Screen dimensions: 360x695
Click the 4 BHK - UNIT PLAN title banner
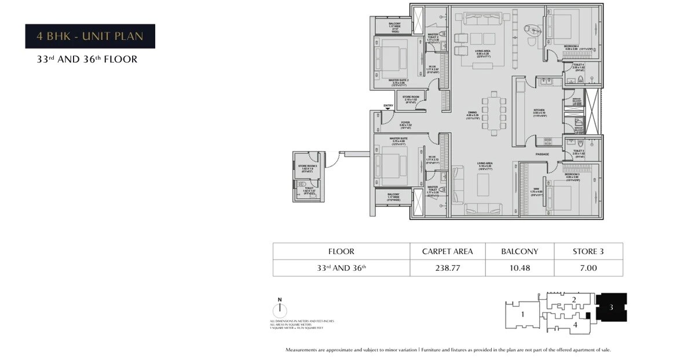90,36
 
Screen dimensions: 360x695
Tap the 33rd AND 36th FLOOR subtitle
87,59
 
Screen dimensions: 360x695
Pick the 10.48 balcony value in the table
520,268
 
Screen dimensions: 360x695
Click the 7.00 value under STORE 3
588,268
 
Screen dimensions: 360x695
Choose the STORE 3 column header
588,251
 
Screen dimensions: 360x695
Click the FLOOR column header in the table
341,251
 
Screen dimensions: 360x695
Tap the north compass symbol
279,308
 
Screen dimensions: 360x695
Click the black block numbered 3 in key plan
611,307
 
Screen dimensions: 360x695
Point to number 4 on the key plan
575,325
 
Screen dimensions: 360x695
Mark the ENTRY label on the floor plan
387,105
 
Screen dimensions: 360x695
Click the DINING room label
473,113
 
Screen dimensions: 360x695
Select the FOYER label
405,123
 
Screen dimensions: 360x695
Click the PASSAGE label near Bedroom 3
542,154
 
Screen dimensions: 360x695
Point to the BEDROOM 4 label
572,46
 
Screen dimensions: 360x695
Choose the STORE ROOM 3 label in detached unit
308,166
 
